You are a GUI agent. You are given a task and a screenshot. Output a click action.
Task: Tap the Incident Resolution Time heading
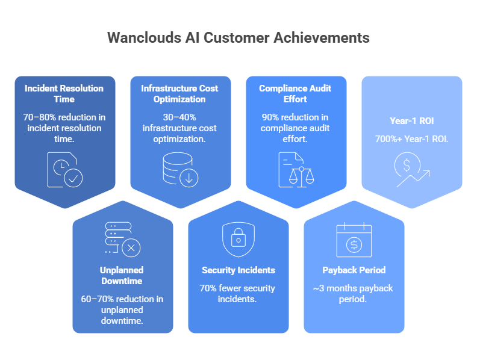(64, 94)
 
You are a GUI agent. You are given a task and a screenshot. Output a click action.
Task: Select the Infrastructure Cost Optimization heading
(179, 94)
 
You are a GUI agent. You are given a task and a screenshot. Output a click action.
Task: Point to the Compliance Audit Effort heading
(295, 94)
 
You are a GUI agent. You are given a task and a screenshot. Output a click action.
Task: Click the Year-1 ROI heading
(412, 121)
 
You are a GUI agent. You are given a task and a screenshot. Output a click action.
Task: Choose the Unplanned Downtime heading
(122, 276)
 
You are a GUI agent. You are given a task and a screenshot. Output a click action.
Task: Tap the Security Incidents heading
(238, 270)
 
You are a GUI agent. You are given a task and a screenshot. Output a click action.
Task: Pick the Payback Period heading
(354, 270)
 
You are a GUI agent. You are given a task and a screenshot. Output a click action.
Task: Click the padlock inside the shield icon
(238, 237)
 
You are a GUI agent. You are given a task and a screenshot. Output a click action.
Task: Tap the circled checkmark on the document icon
(73, 178)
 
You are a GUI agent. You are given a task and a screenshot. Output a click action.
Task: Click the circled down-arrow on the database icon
(189, 178)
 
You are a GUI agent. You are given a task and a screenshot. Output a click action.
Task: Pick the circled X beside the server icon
(131, 248)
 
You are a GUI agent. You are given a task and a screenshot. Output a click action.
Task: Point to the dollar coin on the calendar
(354, 245)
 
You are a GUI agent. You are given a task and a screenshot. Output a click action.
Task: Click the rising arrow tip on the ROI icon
(429, 171)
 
